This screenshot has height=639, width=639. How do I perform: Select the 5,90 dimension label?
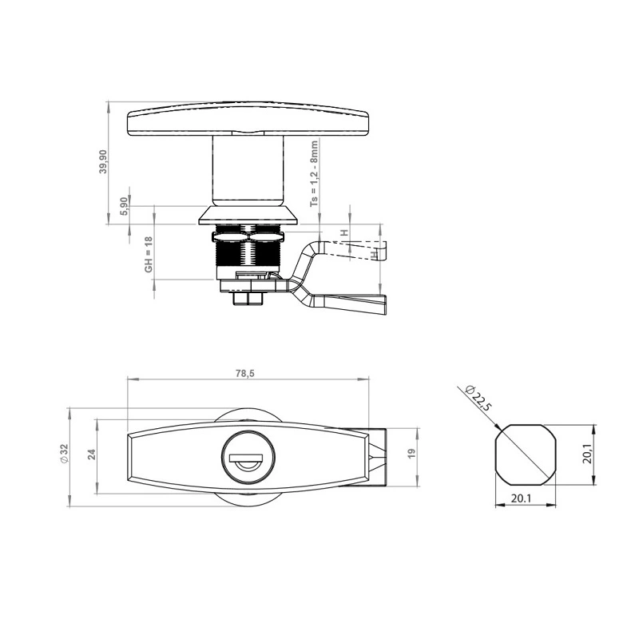[123, 206]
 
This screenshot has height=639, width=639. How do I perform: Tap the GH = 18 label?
[149, 255]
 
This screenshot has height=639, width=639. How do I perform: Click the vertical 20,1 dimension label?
[588, 454]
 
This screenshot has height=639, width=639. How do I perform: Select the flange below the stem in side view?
[248, 215]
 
